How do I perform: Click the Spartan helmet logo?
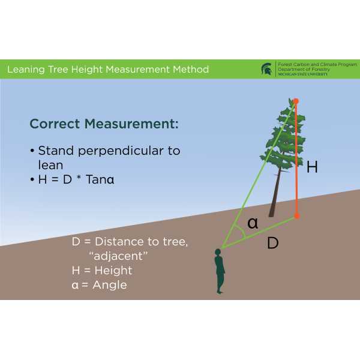pos(266,69)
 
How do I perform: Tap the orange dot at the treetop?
pos(296,101)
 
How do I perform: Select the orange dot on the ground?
pos(297,216)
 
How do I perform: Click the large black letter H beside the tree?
pos(312,167)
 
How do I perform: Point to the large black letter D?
pos(273,242)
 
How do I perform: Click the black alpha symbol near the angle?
pos(253,223)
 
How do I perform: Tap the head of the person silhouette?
pos(218,253)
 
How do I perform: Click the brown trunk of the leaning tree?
pos(275,192)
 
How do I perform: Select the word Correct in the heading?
pos(55,124)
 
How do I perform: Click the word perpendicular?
pos(121,151)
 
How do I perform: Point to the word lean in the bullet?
pos(50,165)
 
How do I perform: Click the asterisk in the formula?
pos(79,178)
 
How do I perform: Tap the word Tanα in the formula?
pos(100,179)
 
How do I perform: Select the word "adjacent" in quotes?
pos(118,256)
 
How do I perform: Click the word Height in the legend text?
pos(113,270)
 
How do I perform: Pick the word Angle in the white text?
pos(110,285)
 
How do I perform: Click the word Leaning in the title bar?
pos(26,70)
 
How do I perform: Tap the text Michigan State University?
pos(303,74)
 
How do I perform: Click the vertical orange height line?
pos(296,158)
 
